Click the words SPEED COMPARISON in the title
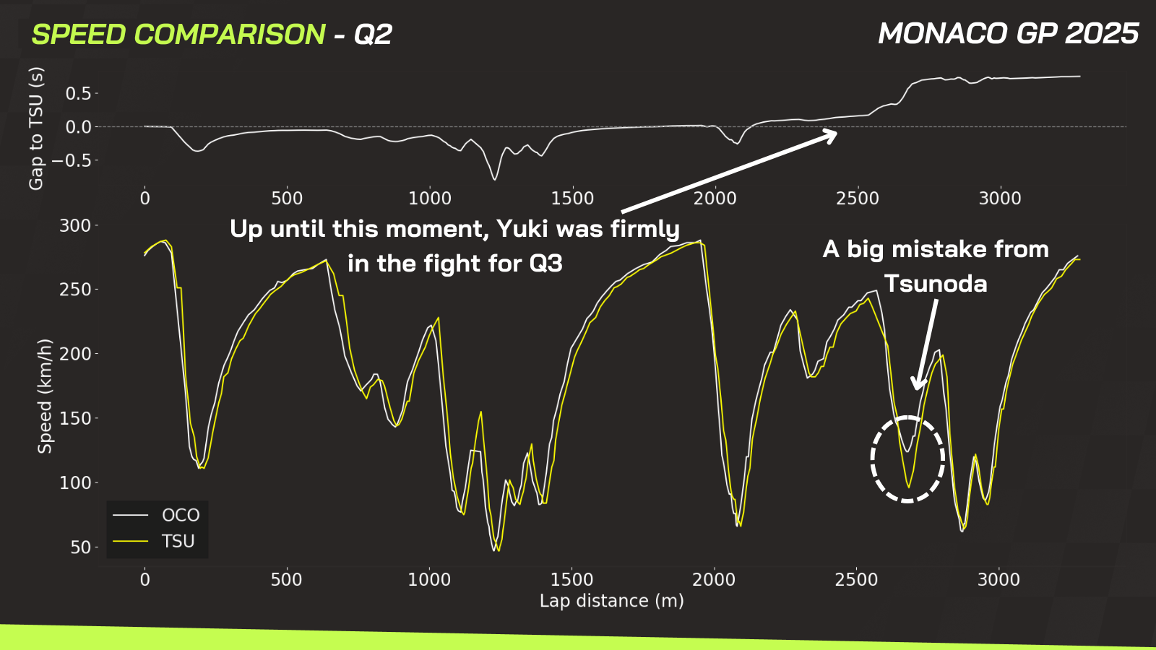tap(178, 35)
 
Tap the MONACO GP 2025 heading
tap(1009, 33)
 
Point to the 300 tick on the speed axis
tap(75, 226)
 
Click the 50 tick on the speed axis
tap(80, 547)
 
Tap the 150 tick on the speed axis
tap(75, 418)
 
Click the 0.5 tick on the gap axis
tap(78, 93)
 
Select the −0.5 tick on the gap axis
tap(72, 160)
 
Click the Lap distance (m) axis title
tap(612, 601)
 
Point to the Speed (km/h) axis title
tap(45, 396)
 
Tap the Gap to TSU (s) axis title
tap(36, 129)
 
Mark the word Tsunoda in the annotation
tap(936, 284)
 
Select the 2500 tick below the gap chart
tap(858, 199)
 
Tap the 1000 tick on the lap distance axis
tap(429, 580)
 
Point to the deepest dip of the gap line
tap(494, 179)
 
